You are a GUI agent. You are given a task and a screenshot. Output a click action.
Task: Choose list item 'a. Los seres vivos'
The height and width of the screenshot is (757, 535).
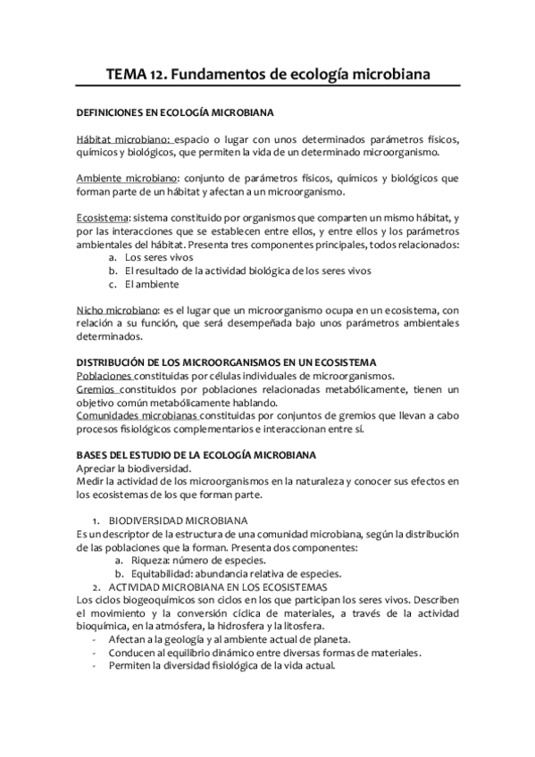point(143,257)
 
